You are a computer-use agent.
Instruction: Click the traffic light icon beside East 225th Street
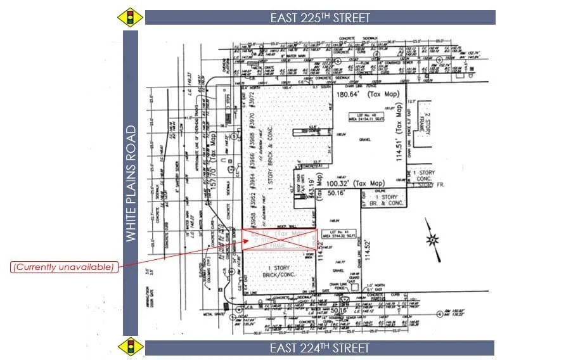click(131, 17)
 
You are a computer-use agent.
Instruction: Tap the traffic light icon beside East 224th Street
click(131, 347)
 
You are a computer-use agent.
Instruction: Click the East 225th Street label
click(320, 18)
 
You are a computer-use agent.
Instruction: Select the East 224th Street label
click(319, 348)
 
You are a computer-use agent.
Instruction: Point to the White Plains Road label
click(131, 183)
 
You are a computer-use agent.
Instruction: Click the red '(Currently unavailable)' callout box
click(64, 267)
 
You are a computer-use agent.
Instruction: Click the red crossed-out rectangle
click(279, 240)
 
